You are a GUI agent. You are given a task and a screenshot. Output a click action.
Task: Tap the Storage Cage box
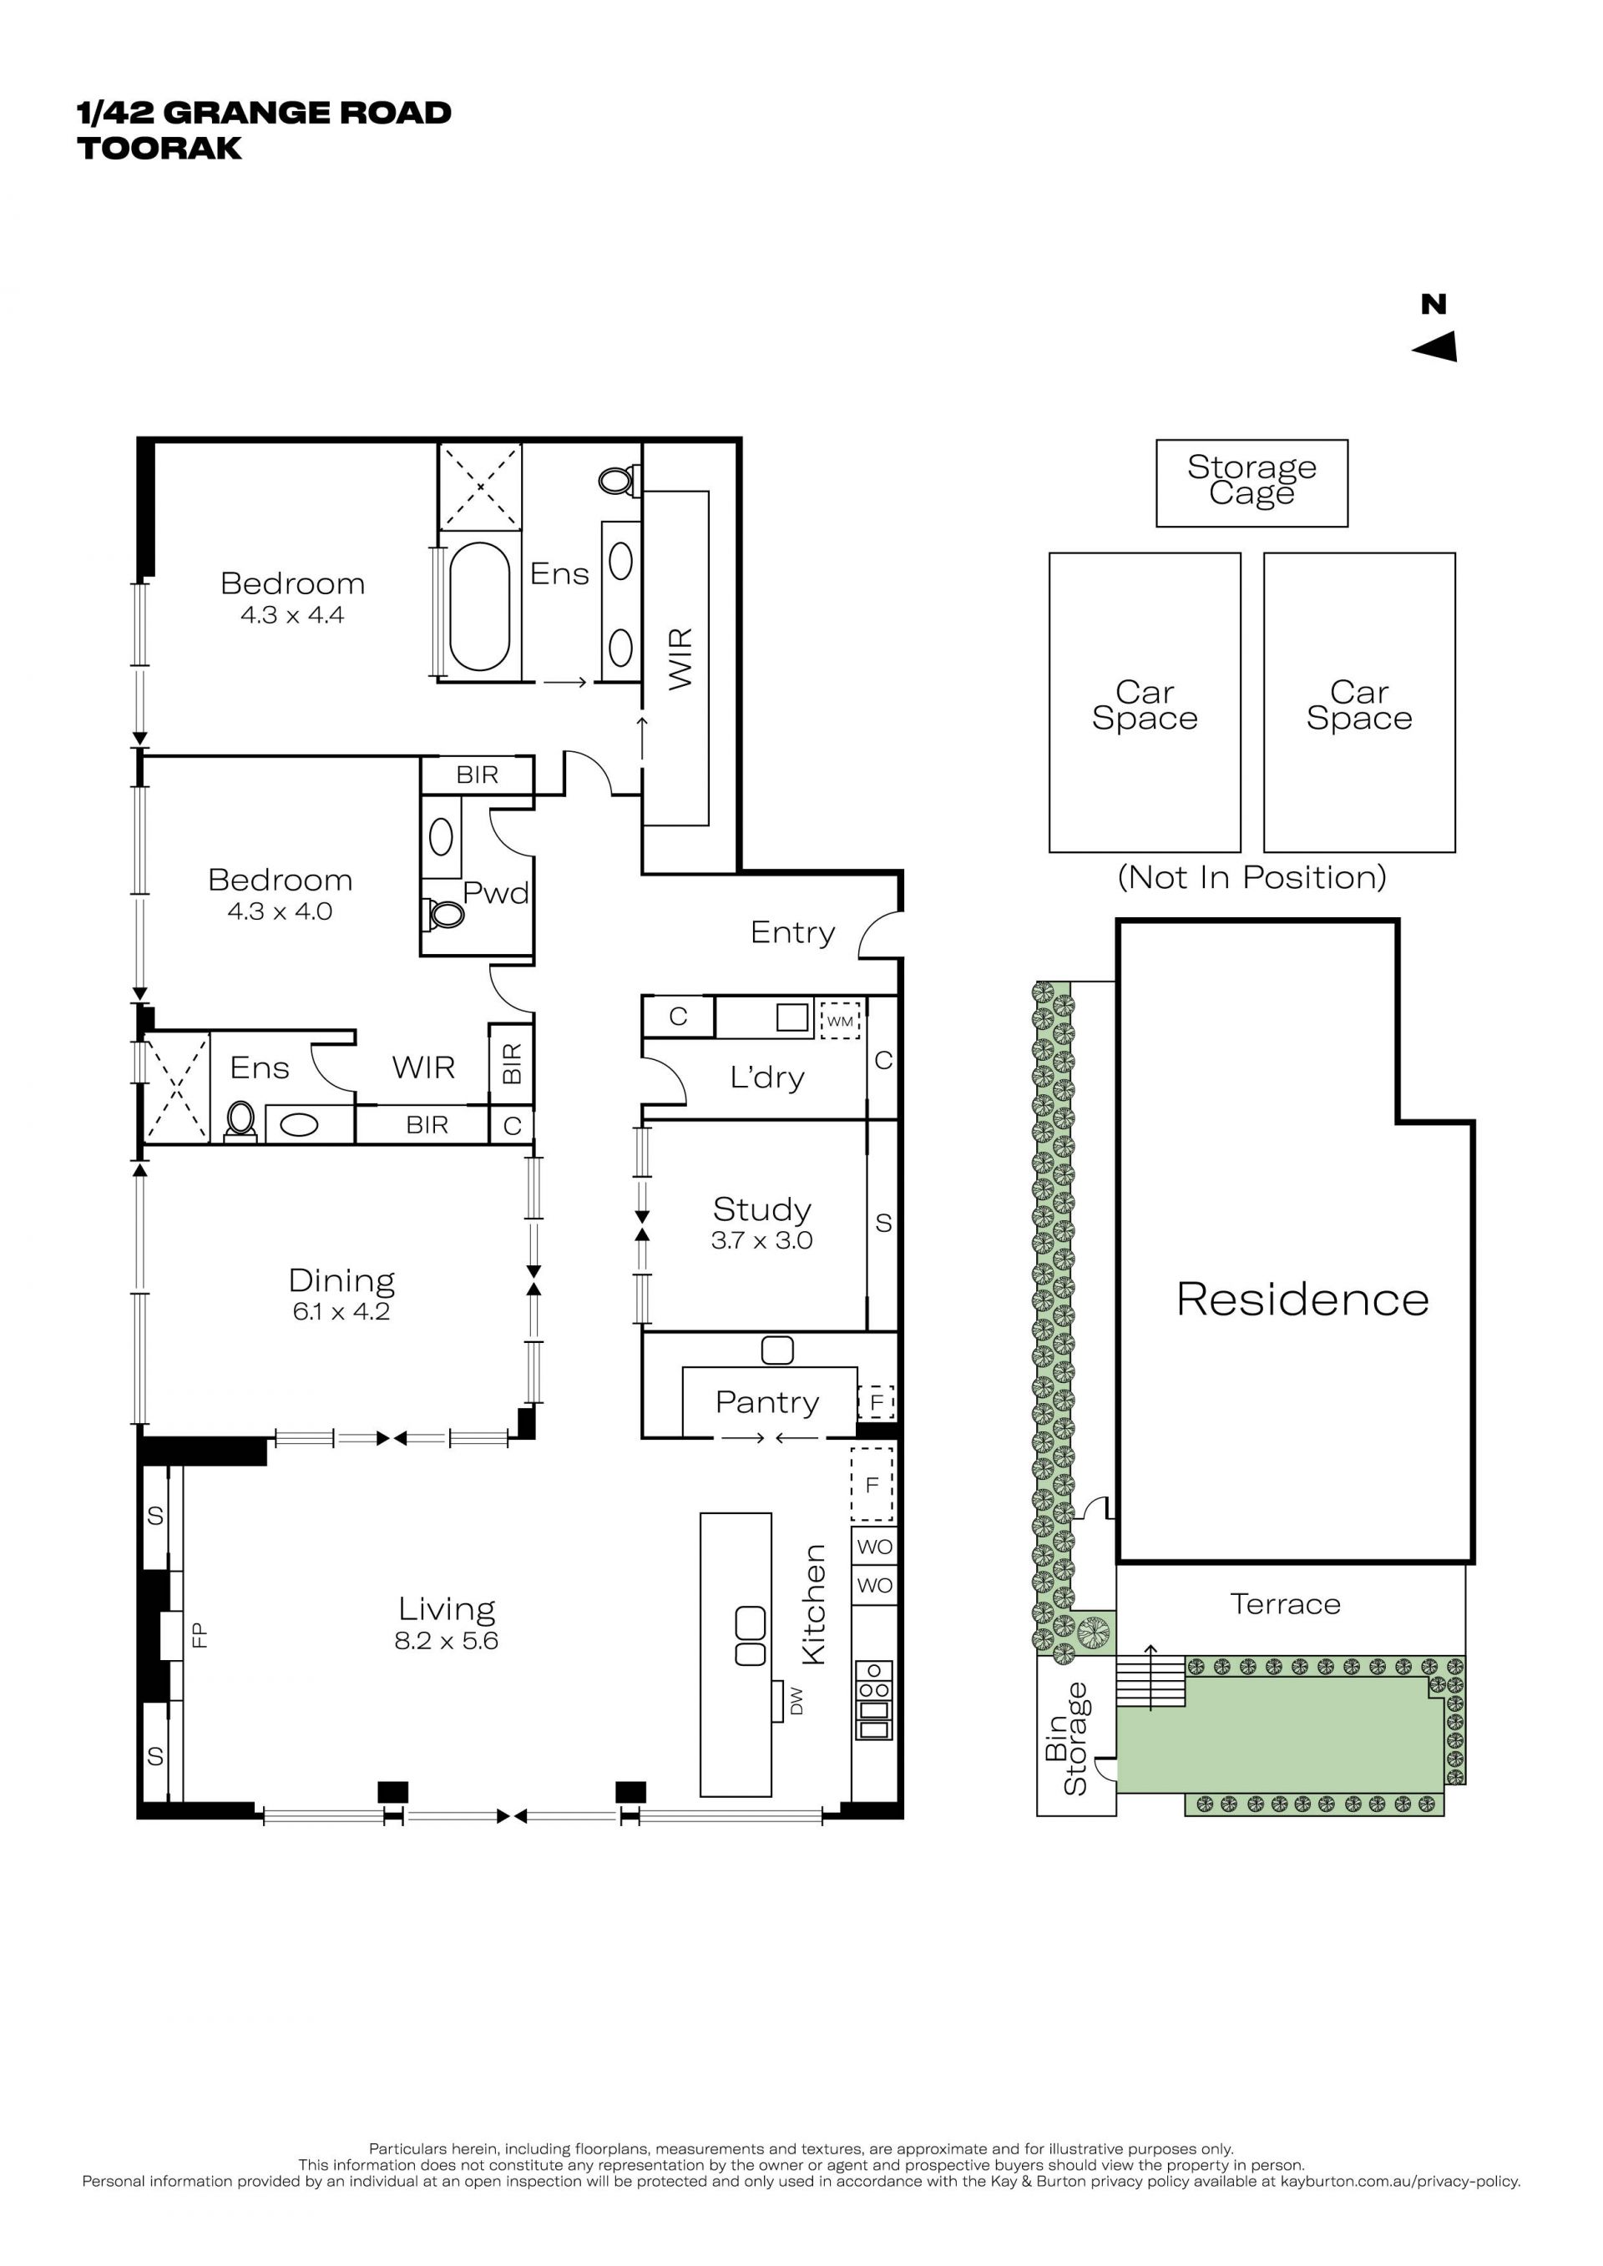pyautogui.click(x=1252, y=482)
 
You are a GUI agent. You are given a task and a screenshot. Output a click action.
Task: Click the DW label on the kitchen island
pyautogui.click(x=796, y=1699)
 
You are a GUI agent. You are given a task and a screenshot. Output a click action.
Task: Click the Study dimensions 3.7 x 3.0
pyautogui.click(x=761, y=1240)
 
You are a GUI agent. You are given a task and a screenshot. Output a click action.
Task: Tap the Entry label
pyautogui.click(x=792, y=932)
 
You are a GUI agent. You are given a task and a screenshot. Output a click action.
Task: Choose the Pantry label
pyautogui.click(x=767, y=1402)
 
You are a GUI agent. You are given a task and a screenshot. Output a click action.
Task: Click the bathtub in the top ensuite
pyautogui.click(x=480, y=607)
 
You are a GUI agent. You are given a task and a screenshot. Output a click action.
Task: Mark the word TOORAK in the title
pyautogui.click(x=160, y=148)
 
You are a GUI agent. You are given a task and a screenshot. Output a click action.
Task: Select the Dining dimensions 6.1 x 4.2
pyautogui.click(x=341, y=1312)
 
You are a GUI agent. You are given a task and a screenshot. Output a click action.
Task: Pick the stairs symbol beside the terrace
pyautogui.click(x=1150, y=1682)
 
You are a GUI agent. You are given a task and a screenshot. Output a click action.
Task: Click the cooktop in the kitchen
pyautogui.click(x=873, y=1699)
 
